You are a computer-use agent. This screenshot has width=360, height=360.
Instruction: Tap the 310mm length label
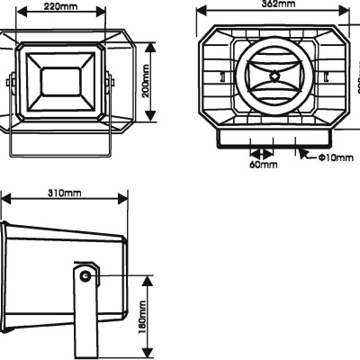point(63,193)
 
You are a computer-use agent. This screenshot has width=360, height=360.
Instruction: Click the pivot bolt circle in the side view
point(85,275)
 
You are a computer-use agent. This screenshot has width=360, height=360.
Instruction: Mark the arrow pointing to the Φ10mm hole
point(315,157)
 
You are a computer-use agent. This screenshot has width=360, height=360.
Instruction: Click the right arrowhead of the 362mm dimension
point(346,11)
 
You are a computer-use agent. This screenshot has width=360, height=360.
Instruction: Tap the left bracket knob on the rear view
point(12,83)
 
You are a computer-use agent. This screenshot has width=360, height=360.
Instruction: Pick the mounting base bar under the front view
point(274,138)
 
